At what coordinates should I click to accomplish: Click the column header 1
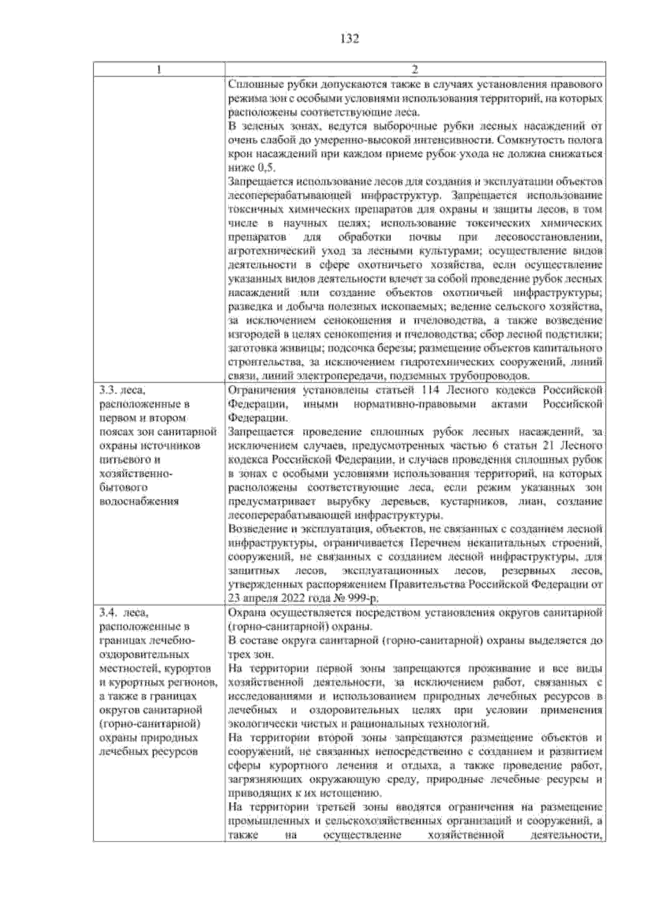pyautogui.click(x=159, y=70)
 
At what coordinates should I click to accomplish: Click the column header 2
pyautogui.click(x=415, y=70)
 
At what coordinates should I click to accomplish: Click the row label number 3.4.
pyautogui.click(x=109, y=613)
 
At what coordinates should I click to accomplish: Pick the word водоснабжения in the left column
pyautogui.click(x=139, y=501)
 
